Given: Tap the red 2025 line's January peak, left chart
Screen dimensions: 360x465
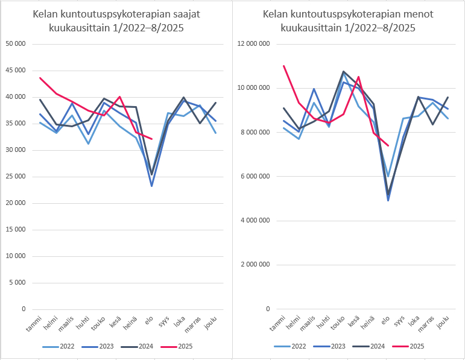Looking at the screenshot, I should tap(40, 78).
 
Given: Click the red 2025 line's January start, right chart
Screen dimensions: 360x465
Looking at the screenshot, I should tap(283, 66).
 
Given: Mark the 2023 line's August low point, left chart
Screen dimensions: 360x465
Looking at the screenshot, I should tap(151, 186).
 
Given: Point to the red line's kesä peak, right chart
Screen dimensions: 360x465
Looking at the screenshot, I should tap(358, 77).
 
